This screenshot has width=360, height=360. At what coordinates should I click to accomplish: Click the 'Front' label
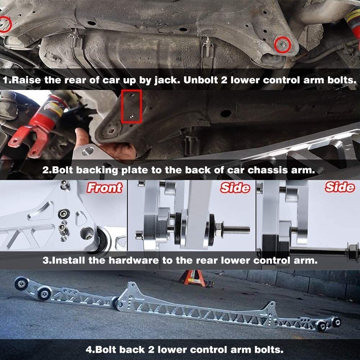click(x=104, y=188)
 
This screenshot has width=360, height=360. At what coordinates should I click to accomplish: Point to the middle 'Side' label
click(x=235, y=188)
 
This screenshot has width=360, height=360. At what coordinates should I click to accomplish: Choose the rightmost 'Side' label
click(x=340, y=187)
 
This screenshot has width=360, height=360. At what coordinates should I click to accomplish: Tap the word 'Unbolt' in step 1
click(x=201, y=80)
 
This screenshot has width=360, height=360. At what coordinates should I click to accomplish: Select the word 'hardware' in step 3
click(x=134, y=260)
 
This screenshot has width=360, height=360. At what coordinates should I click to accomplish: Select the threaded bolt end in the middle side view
click(x=237, y=229)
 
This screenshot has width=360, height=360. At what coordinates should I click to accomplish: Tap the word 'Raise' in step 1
click(x=26, y=80)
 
